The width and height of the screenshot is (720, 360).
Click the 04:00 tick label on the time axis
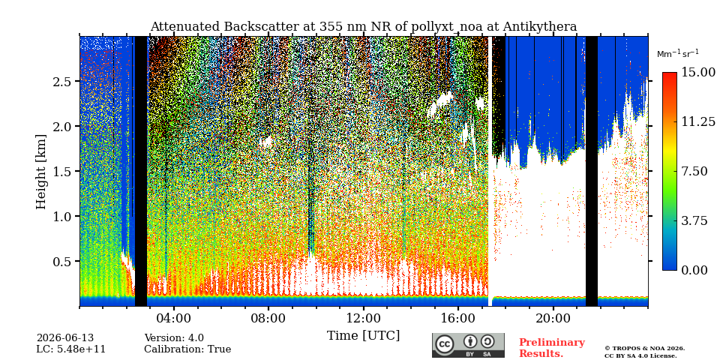(x=174, y=318)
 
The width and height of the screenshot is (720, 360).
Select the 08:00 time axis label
(x=268, y=318)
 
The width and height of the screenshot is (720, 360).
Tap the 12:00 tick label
(x=363, y=318)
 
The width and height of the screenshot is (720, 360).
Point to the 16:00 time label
(x=458, y=318)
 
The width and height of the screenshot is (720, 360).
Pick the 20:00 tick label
(x=553, y=318)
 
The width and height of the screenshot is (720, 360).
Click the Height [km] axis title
(x=41, y=172)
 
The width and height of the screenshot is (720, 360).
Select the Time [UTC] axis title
(x=363, y=336)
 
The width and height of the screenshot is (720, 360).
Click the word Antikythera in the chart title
(x=539, y=27)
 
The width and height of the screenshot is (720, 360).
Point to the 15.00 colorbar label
(x=698, y=72)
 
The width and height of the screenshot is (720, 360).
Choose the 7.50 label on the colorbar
(x=695, y=171)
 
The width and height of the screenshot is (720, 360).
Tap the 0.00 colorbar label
(x=695, y=271)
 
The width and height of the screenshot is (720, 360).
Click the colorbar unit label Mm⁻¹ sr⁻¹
(x=678, y=54)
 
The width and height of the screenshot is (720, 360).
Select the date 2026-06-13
(x=65, y=338)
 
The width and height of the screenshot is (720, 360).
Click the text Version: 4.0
(x=174, y=338)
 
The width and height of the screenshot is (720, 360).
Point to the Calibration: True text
(x=187, y=349)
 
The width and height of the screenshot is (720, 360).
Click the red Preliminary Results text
(x=552, y=348)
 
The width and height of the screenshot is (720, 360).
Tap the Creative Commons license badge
(x=468, y=345)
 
